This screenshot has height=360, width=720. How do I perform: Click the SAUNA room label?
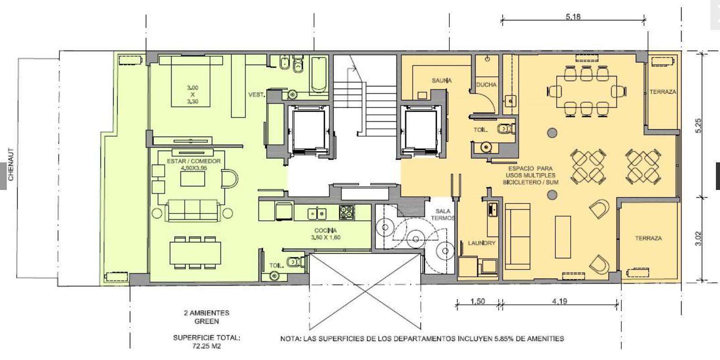[442, 81]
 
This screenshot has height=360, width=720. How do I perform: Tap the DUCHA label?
[486, 85]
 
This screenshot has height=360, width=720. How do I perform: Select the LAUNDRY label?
[482, 243]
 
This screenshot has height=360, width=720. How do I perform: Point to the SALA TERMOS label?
[443, 214]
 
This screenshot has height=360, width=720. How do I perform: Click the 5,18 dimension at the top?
[573, 16]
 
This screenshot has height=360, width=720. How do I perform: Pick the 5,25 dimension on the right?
[698, 126]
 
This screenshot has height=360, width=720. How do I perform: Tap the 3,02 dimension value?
[698, 239]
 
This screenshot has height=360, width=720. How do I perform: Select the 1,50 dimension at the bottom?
[477, 301]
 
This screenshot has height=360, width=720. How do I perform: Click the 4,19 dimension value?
[560, 301]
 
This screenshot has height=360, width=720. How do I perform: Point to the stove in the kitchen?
[347, 213]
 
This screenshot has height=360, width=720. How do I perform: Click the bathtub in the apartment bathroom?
[319, 75]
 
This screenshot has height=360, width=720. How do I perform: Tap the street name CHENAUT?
[11, 164]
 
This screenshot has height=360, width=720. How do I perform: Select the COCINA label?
[326, 231]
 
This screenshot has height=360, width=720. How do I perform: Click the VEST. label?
[257, 95]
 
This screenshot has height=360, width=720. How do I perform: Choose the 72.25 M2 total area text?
[207, 346]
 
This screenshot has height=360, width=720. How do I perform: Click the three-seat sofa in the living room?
[192, 210]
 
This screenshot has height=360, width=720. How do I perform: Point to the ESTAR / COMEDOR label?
[194, 161]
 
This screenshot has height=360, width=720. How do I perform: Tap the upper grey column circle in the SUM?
[552, 133]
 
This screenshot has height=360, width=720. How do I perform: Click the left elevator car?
[309, 130]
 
